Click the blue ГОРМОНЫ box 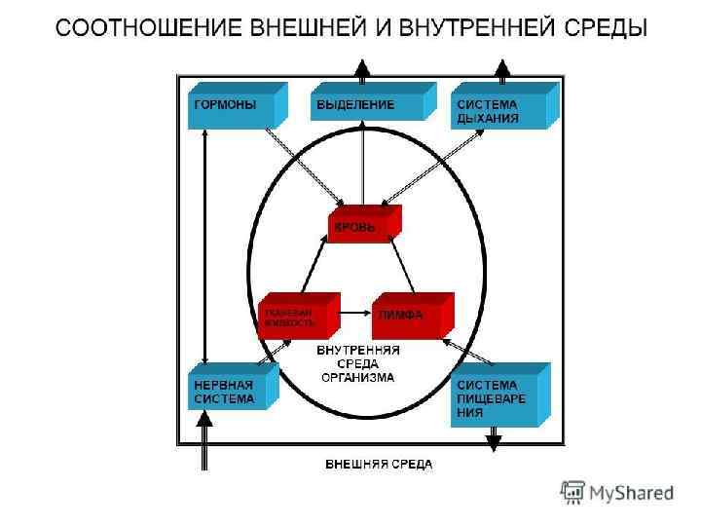232,108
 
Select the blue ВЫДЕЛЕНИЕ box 362,104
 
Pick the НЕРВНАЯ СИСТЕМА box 229,389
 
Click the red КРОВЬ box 360,226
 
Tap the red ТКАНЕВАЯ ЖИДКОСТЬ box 294,316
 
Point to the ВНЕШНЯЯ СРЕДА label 379,465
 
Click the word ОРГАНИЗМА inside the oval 359,377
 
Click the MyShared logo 617,493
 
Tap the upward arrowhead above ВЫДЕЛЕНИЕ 362,67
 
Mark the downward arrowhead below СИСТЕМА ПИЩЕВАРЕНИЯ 494,442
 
